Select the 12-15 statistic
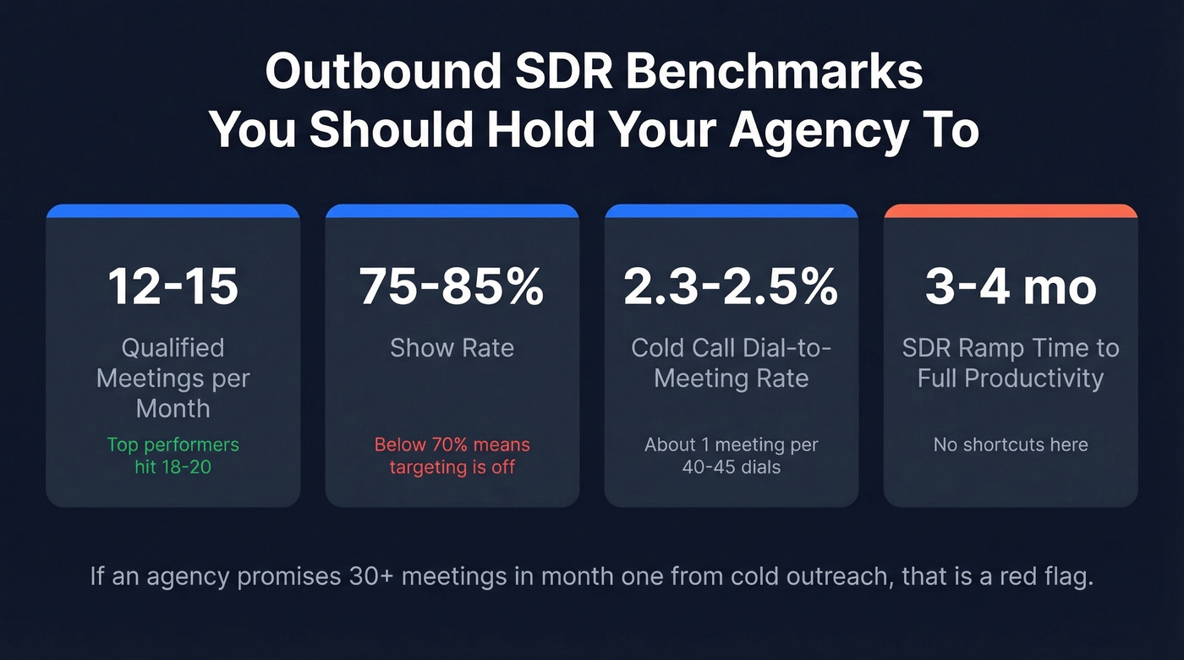[173, 286]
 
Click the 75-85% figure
[452, 286]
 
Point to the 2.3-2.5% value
[731, 286]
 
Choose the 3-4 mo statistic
[1011, 286]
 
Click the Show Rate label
[452, 348]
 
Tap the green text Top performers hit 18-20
[173, 455]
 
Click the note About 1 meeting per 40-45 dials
[731, 455]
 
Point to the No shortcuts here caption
[1011, 445]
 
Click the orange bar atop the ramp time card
[1011, 210]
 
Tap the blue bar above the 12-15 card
[173, 210]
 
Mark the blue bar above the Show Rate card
[452, 210]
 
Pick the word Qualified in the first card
[173, 348]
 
